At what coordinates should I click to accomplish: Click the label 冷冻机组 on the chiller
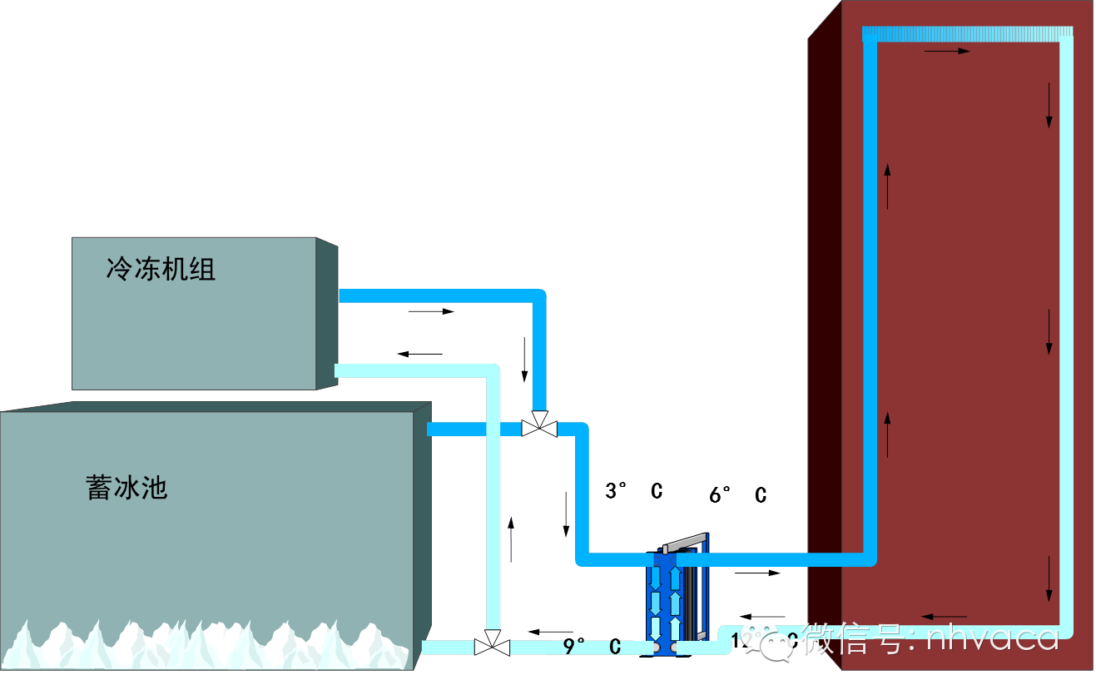[x=161, y=269]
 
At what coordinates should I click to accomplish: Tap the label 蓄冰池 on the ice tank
[x=126, y=487]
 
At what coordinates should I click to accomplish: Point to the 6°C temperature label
[x=737, y=494]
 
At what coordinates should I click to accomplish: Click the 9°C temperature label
[x=592, y=646]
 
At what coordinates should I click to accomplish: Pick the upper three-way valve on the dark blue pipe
[x=539, y=426]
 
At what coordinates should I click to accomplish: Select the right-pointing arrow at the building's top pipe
[x=947, y=52]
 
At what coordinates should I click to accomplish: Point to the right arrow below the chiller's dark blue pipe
[x=432, y=311]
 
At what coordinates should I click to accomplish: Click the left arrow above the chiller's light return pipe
[x=420, y=354]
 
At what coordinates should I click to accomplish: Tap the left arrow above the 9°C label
[x=550, y=631]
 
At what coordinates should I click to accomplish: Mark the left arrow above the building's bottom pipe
[x=945, y=617]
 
